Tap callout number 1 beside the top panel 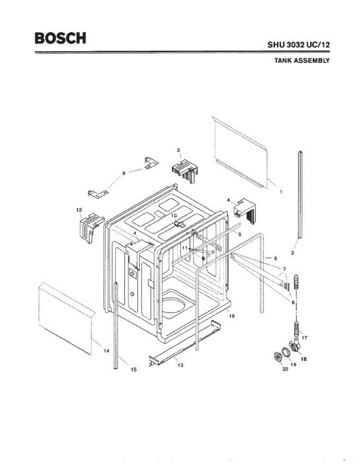coord(281,191)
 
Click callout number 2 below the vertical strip coord(292,253)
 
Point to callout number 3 coord(178,150)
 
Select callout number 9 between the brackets coord(124,174)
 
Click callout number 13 coord(79,210)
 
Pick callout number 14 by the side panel coord(106,351)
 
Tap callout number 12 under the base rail coord(180,365)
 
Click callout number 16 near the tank coord(232,316)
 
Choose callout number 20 coord(285,369)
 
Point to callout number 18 coord(304,359)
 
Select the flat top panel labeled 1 coord(239,152)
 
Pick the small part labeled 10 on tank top coord(179,225)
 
